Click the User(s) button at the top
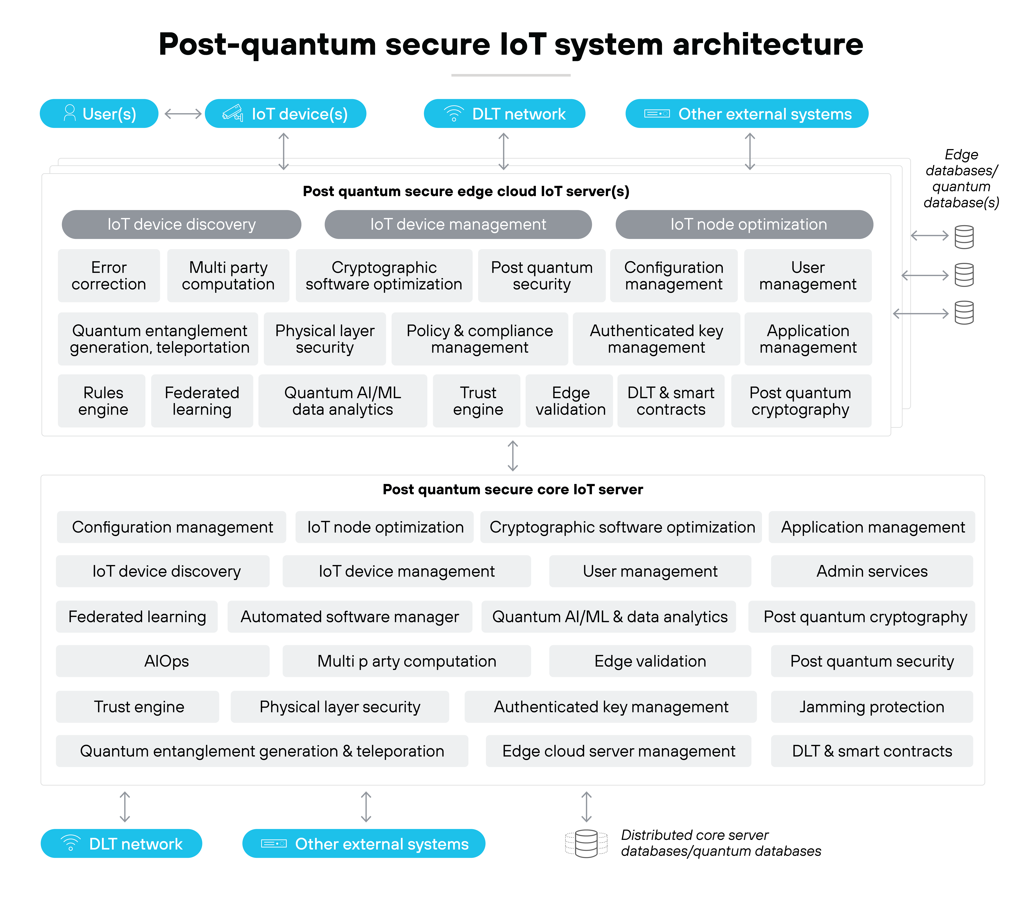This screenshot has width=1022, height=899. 99,114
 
